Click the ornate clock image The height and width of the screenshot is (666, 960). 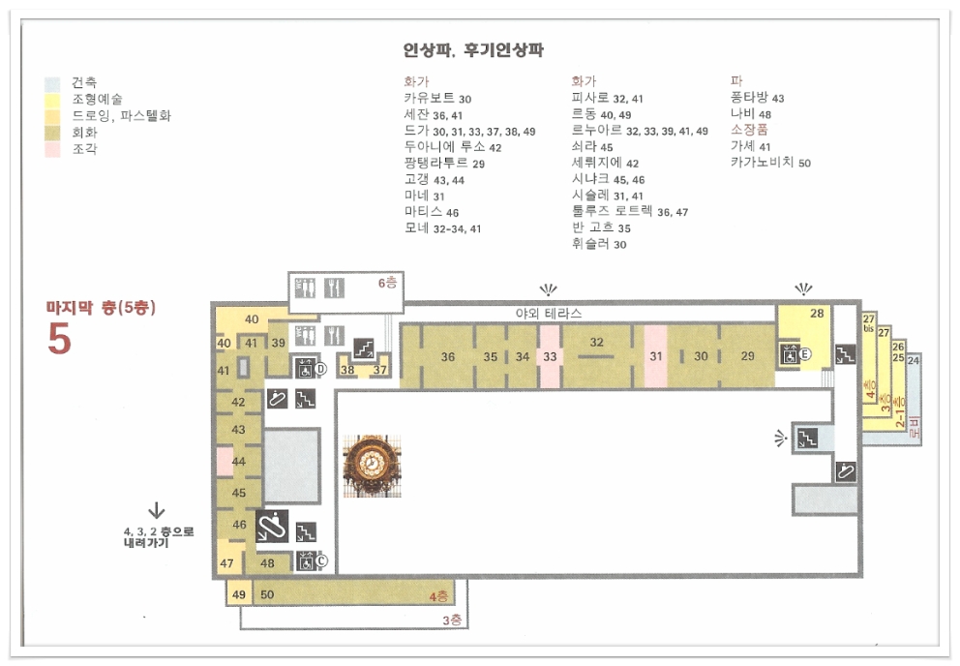point(367,466)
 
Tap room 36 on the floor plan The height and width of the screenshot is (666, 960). point(447,357)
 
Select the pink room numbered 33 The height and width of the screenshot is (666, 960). point(550,357)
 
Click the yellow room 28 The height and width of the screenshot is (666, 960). point(817,315)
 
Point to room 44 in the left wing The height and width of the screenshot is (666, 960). point(238,462)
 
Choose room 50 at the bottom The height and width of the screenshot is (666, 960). point(268,594)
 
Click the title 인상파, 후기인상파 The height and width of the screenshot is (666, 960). point(473,50)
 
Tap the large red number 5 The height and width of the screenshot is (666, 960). point(59,338)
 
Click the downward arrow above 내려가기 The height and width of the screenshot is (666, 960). point(155,510)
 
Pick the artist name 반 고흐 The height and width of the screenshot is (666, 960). point(593,227)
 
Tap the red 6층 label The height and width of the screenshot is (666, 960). point(387,283)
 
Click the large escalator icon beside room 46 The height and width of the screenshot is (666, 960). point(271,526)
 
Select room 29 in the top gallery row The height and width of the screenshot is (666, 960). point(747,356)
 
